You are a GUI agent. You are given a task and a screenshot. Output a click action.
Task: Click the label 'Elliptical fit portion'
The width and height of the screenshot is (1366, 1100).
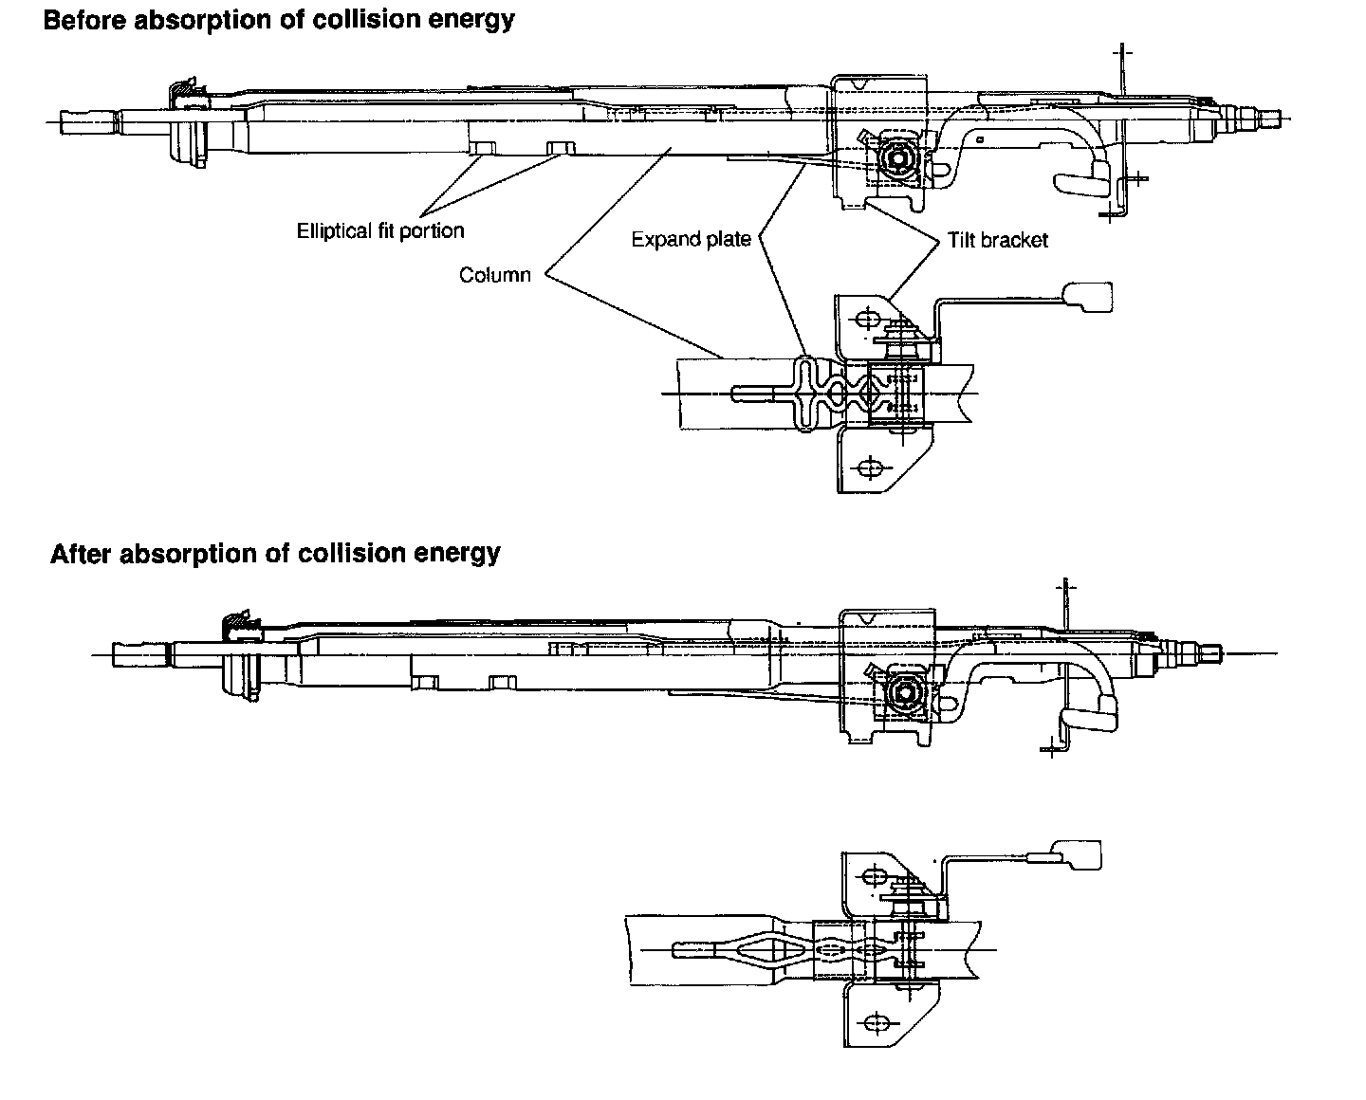[x=380, y=230]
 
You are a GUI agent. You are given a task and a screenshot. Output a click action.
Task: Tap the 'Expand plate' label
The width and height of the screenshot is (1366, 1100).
[x=691, y=239]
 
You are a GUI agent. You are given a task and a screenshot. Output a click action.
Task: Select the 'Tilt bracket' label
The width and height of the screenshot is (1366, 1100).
[x=997, y=240]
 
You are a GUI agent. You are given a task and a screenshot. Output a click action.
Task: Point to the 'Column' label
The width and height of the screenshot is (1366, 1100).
[x=494, y=275]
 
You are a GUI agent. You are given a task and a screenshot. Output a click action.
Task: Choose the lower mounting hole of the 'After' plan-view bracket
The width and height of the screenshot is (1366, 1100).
[x=875, y=1022]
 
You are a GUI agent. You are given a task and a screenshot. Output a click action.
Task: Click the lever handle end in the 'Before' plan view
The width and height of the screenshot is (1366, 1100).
[x=1088, y=296]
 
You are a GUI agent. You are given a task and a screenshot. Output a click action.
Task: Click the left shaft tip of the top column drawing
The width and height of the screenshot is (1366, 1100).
[x=66, y=119]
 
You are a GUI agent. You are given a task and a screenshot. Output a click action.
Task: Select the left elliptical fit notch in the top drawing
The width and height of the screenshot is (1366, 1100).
[x=484, y=147]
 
